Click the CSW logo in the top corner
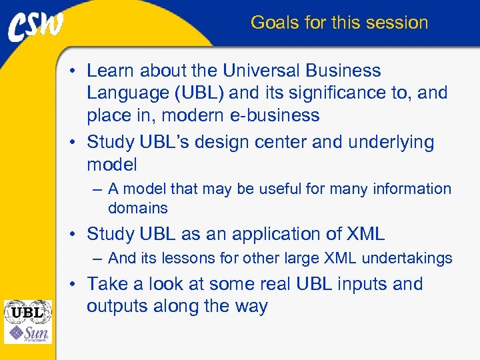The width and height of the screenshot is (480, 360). (36, 25)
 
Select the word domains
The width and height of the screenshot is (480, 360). (137, 208)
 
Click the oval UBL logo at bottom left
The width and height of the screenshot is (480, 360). (27, 311)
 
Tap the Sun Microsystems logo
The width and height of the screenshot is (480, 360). (27, 333)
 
